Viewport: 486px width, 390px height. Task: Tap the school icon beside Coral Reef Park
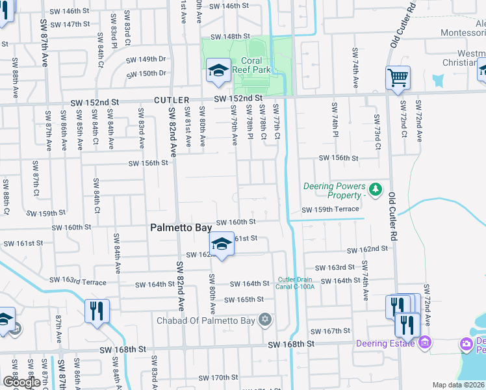pos(219,70)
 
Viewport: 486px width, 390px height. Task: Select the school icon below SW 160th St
pos(222,244)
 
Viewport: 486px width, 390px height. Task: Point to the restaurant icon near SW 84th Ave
pos(97,311)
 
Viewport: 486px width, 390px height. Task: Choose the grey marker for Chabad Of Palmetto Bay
pos(264,319)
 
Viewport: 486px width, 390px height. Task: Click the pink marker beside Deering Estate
pos(425,342)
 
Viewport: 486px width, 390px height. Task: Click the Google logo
pos(21,382)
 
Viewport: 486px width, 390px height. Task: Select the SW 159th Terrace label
pos(330,209)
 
